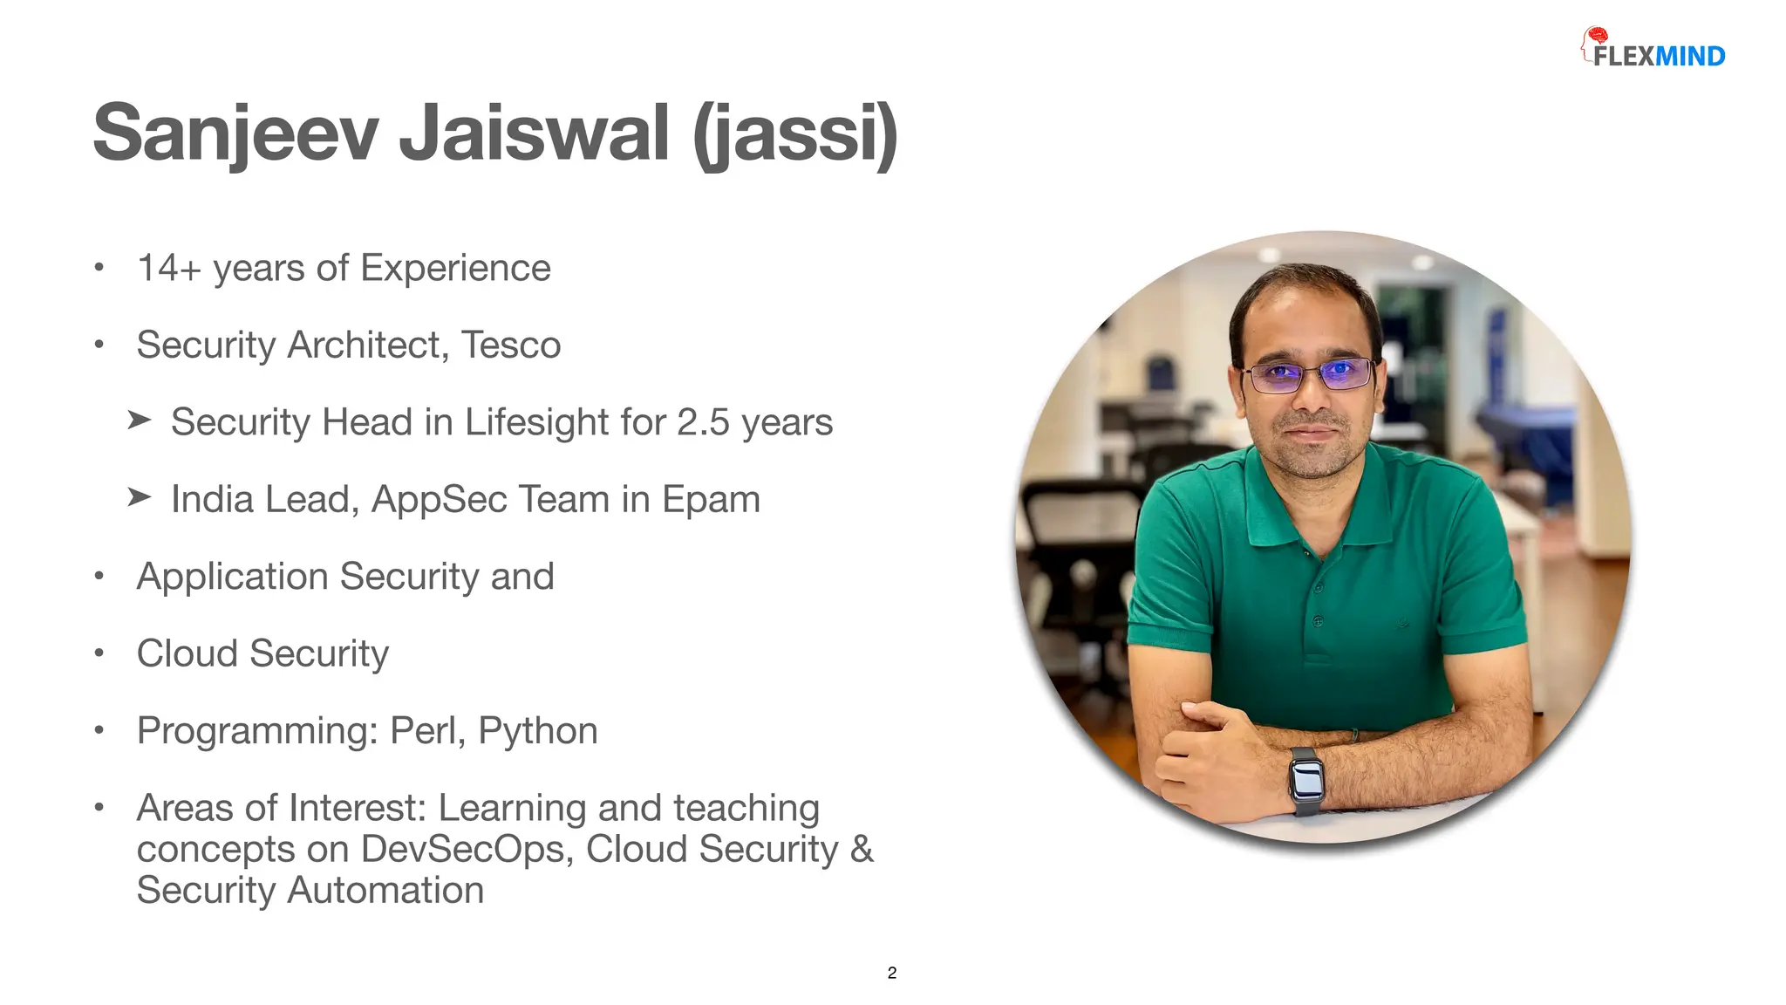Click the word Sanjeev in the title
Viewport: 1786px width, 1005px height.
coord(235,133)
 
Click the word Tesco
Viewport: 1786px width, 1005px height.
coord(511,345)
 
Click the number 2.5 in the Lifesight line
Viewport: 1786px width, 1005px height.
coord(703,422)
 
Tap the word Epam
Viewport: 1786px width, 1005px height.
coord(711,500)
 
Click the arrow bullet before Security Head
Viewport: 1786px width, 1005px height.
coord(140,420)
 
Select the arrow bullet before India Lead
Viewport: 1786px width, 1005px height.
coord(140,497)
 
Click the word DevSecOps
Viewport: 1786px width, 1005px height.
coord(467,849)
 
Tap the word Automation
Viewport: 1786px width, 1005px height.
coord(385,891)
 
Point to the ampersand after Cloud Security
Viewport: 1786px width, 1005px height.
coord(862,849)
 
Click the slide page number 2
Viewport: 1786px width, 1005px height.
coord(892,973)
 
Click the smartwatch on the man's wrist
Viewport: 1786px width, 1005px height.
coord(1306,779)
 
